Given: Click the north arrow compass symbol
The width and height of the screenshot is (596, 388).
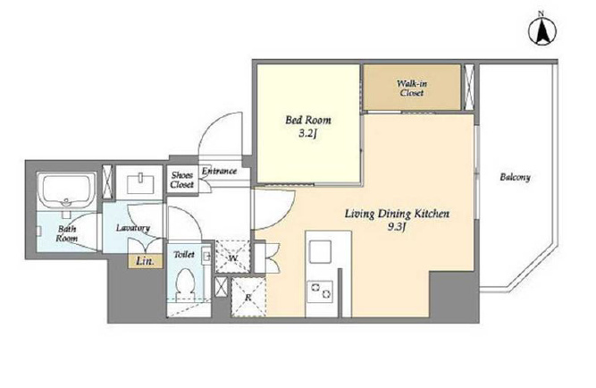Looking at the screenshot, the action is tap(542, 30).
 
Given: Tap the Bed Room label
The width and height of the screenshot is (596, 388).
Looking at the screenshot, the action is tap(308, 120).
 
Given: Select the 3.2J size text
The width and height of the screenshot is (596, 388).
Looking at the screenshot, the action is tap(308, 134).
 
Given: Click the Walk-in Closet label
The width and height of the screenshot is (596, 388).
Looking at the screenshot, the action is tap(412, 88).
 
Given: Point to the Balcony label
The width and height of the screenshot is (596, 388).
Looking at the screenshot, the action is tap(515, 177).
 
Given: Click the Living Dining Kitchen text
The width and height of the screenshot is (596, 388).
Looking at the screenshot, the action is tap(398, 214).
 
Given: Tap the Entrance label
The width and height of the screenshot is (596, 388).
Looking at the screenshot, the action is tap(219, 171).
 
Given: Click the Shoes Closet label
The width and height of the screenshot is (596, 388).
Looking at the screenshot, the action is tap(181, 180).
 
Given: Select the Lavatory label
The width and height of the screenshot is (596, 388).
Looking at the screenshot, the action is tap(133, 228).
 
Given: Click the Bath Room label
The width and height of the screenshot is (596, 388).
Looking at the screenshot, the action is tap(67, 233).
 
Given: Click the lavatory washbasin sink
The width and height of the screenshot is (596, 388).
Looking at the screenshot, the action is tap(140, 183).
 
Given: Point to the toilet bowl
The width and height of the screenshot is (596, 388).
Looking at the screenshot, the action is tap(186, 283).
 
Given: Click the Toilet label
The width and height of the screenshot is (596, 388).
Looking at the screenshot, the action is tap(184, 255).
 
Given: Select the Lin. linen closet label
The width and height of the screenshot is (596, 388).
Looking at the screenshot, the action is tap(145, 262).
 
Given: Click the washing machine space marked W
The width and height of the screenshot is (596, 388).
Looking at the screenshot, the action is tap(233, 257).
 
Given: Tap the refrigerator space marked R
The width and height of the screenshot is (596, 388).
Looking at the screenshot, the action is tap(248, 297).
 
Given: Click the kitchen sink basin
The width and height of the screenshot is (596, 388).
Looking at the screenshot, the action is tap(320, 252).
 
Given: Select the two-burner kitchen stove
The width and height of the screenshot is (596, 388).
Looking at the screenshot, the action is tap(321, 291).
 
